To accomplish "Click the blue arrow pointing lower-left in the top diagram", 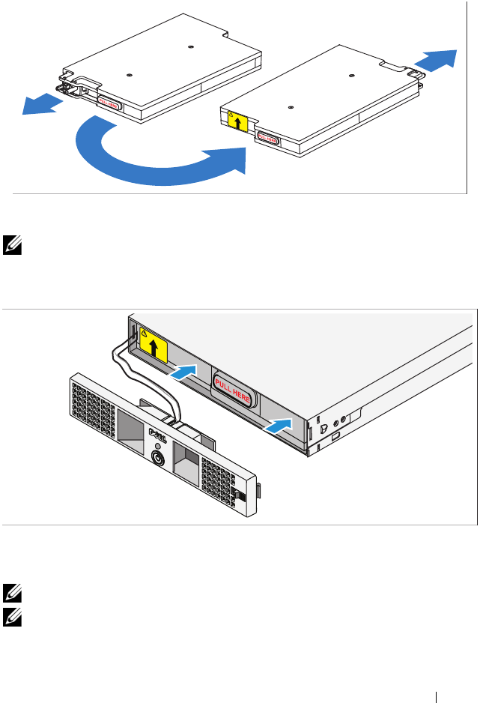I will click(x=41, y=104).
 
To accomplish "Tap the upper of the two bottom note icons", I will click(x=10, y=592).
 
